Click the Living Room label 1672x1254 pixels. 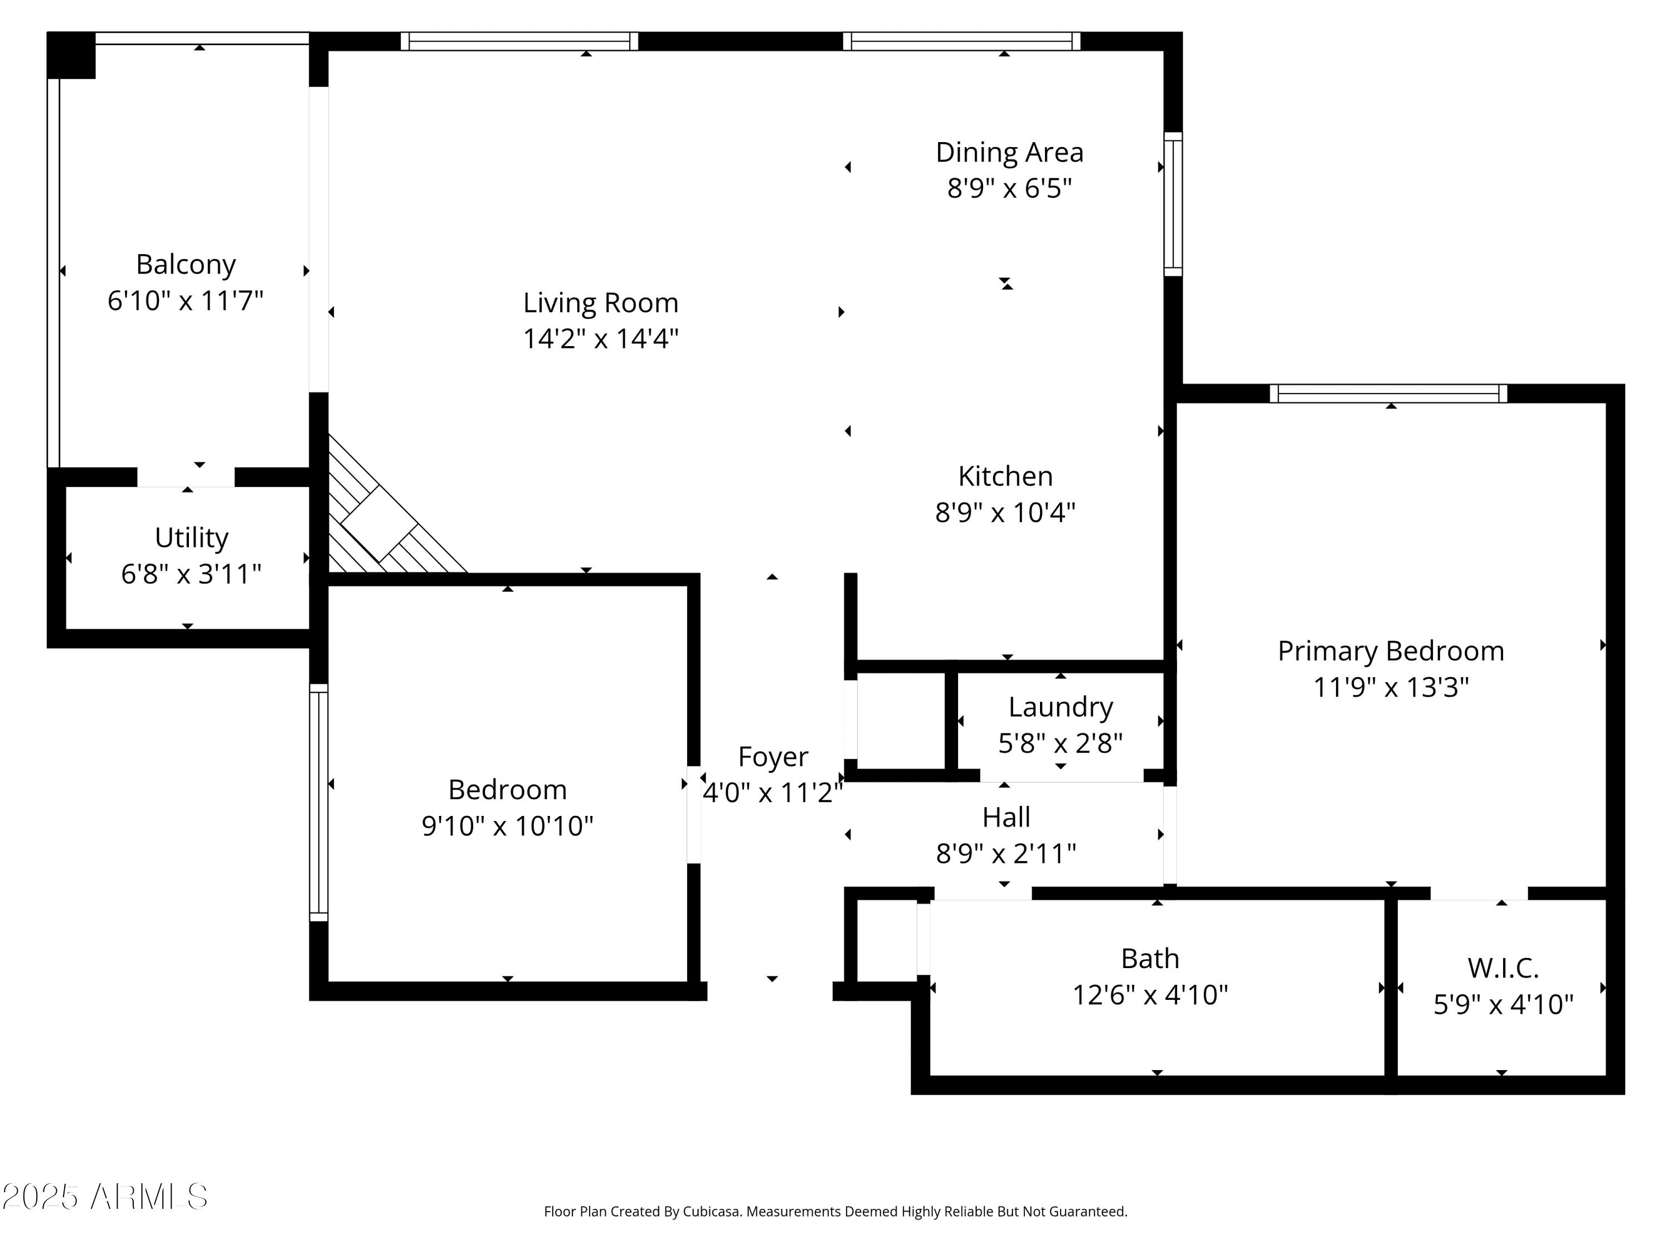(601, 303)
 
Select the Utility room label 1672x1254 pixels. (191, 537)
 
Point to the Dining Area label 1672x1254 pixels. (1010, 153)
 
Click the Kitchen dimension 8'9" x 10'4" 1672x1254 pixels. (1005, 513)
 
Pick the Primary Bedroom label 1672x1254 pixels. (1391, 652)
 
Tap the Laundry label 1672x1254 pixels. (1061, 707)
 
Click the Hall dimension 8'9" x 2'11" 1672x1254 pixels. (1006, 853)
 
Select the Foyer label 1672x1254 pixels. (772, 757)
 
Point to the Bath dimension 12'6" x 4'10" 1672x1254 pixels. (1150, 995)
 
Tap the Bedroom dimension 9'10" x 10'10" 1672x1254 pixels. (507, 825)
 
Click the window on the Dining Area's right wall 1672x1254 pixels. (1173, 204)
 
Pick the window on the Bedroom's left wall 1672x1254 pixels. (319, 803)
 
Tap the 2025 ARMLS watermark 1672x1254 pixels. (105, 1197)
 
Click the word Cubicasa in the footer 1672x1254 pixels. (711, 1212)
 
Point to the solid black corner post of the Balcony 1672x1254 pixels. (71, 55)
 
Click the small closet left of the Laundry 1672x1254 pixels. (901, 720)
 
